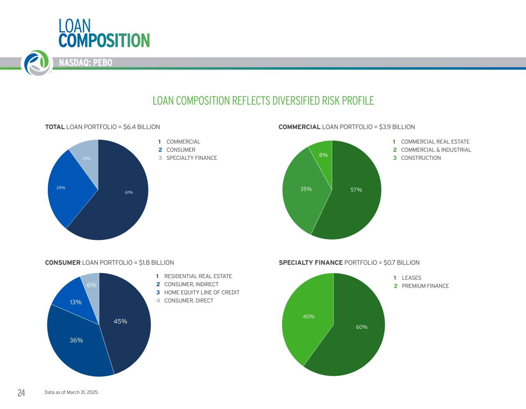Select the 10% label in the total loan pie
point(86,158)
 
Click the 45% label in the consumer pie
point(120,321)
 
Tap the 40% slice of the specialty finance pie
point(306,320)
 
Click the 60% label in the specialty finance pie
point(361,327)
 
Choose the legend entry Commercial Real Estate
point(435,142)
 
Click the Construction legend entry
point(421,158)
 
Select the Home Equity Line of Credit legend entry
point(202,292)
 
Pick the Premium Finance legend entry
point(425,286)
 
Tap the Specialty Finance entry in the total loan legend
point(192,158)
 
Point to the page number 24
point(21,393)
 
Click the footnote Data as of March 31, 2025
point(72,392)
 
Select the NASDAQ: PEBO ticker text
point(86,63)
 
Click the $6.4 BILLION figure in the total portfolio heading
point(141,127)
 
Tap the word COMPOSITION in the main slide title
point(104,40)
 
